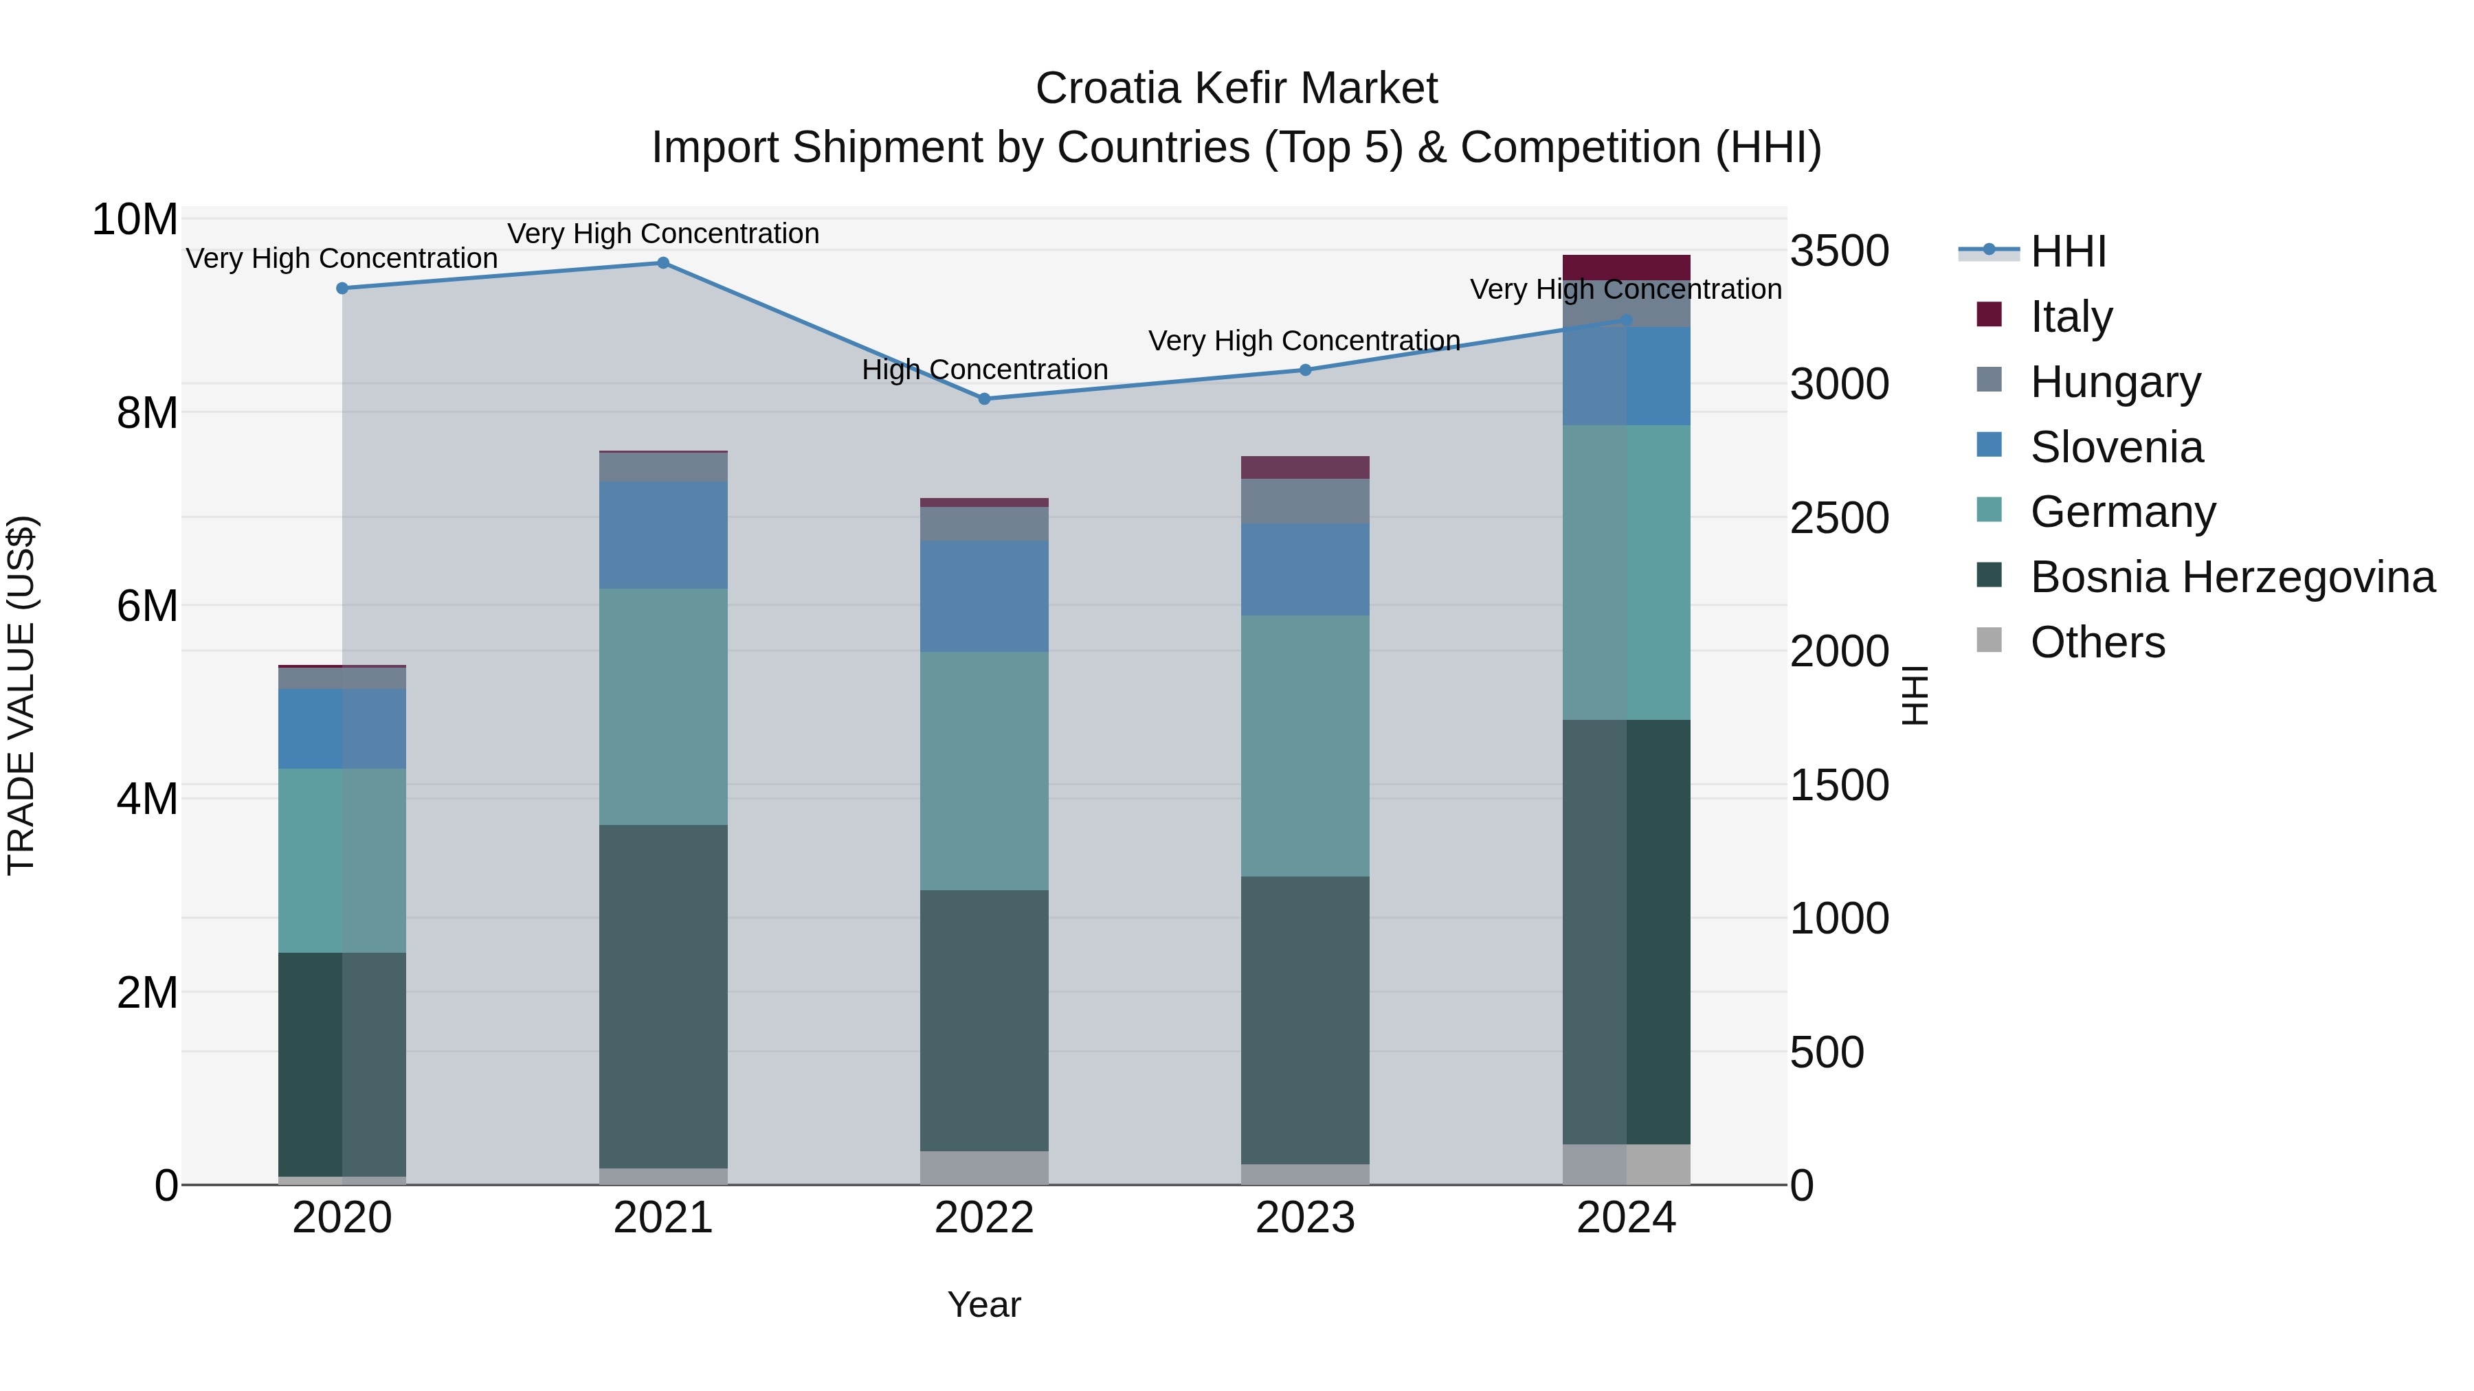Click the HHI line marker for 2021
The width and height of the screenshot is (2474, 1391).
662,263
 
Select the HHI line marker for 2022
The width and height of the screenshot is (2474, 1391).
984,398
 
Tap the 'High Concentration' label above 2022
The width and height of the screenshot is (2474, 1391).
984,370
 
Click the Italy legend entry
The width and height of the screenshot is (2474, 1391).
2071,316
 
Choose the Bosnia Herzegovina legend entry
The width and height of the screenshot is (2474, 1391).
2232,577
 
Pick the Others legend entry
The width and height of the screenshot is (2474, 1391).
2097,642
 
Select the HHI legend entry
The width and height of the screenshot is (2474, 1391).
2068,251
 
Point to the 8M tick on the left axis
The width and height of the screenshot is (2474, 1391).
147,414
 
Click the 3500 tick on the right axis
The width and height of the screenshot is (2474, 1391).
1839,251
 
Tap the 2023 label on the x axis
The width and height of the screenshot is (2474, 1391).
1305,1218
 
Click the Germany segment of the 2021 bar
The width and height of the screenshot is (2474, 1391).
662,707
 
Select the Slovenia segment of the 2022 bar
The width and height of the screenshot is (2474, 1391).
984,596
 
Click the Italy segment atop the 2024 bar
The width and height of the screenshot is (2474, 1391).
1626,267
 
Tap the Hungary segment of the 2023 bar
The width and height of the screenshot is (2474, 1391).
1305,501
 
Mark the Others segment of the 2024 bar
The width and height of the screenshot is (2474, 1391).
1626,1164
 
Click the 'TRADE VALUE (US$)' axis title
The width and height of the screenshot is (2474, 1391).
22,695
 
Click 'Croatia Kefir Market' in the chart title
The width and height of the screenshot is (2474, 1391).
1236,89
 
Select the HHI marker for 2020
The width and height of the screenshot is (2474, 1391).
342,288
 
